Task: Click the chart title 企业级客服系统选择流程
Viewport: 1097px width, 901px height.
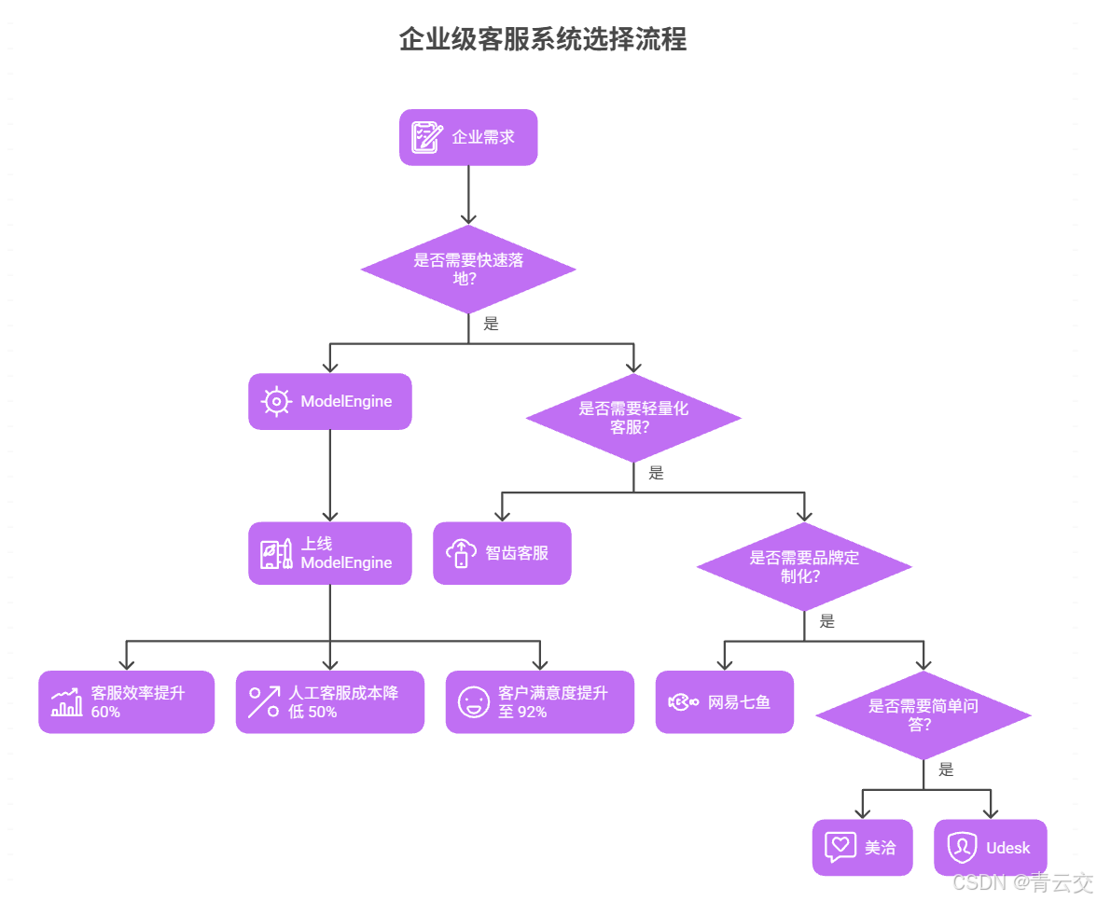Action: pos(542,39)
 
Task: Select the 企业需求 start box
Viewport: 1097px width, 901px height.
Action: pos(468,137)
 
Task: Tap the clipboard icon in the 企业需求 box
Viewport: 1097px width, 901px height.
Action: pos(427,137)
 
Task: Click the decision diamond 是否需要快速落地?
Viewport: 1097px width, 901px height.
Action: pos(468,269)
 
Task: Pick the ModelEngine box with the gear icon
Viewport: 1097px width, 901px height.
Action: pos(329,402)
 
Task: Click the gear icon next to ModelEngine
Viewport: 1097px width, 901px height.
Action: pos(276,402)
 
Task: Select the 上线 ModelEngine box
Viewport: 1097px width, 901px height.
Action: pos(329,553)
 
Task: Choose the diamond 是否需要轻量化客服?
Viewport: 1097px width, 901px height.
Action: pos(633,418)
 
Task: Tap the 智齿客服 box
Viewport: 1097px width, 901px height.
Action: pos(502,553)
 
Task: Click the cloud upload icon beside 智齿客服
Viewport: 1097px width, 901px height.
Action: pos(461,553)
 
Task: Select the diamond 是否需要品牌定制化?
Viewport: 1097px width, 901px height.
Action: pos(803,566)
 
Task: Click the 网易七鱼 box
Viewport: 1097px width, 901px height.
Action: pos(724,702)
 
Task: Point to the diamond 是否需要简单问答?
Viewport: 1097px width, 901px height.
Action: pos(923,715)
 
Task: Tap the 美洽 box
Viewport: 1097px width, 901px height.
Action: pos(862,848)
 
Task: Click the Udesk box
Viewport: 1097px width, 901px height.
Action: pos(990,848)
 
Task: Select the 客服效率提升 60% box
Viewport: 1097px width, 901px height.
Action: pos(126,702)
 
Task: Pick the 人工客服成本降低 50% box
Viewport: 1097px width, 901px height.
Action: pos(329,702)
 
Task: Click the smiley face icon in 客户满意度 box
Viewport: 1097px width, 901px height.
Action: pos(474,702)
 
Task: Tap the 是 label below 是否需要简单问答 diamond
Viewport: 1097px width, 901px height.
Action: pos(946,769)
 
